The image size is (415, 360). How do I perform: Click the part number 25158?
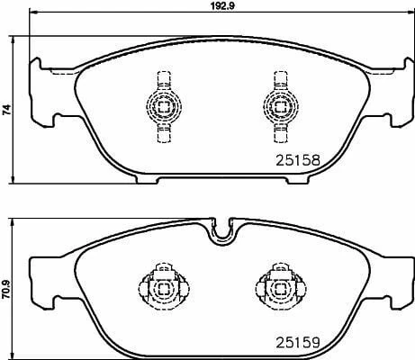[296, 160]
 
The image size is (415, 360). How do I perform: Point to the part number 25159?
[296, 343]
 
